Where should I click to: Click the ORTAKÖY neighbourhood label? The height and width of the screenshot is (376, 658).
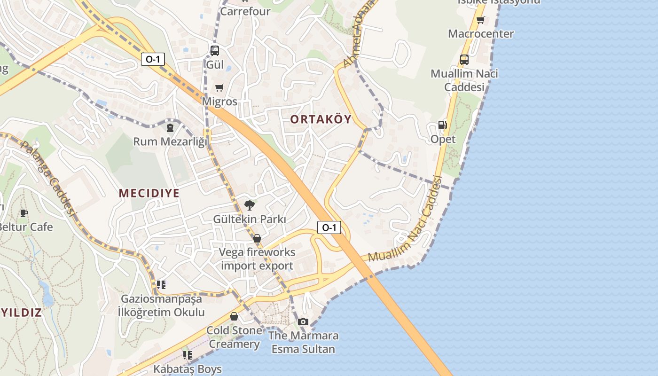(321, 119)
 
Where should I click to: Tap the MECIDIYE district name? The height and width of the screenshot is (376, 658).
(149, 193)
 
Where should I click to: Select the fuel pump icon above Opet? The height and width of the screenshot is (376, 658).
(442, 125)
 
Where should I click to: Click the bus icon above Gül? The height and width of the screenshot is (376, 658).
(215, 51)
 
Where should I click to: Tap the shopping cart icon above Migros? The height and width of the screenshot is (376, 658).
(219, 87)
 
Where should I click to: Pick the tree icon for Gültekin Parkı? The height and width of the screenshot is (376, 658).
(250, 205)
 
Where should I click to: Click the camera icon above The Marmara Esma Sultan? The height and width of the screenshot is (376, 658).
(303, 322)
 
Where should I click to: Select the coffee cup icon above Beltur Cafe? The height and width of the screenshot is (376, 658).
(24, 213)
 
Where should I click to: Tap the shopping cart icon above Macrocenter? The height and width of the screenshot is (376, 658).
(480, 20)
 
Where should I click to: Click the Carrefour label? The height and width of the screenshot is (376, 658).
(245, 11)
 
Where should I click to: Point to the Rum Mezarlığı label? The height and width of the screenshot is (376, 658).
(170, 141)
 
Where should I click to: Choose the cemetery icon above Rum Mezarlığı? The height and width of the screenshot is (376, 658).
(170, 127)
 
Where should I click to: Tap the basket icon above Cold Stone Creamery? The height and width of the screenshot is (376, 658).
(234, 316)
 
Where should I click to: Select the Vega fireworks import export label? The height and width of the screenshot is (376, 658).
(258, 259)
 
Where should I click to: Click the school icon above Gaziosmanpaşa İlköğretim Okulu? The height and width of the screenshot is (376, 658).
(161, 285)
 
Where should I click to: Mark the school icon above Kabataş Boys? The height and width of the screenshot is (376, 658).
(188, 355)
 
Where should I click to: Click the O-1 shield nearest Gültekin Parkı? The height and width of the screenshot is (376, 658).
(329, 228)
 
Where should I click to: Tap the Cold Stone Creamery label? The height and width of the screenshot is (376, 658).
(234, 337)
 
